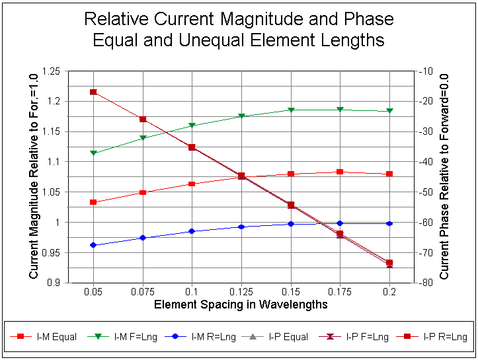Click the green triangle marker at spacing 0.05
93,153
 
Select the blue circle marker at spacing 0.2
389,224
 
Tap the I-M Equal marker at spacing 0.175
340,172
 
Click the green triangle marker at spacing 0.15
291,110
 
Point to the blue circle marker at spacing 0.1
192,231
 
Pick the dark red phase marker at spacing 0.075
143,120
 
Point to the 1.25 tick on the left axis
51,71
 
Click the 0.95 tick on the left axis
51,252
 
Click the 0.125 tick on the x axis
241,291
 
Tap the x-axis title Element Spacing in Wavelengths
241,305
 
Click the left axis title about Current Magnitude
34,176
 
